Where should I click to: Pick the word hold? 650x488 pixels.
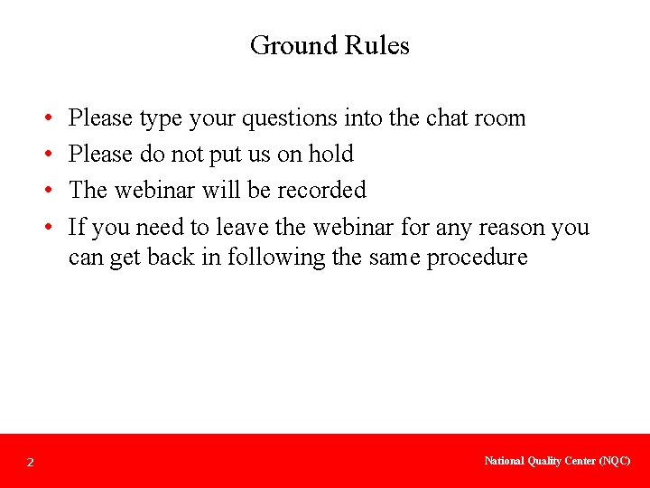[x=330, y=155]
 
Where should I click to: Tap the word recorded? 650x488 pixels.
[x=321, y=190]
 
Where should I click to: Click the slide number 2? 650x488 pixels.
[x=30, y=463]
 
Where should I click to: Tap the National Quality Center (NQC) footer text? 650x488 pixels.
[x=557, y=461]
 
